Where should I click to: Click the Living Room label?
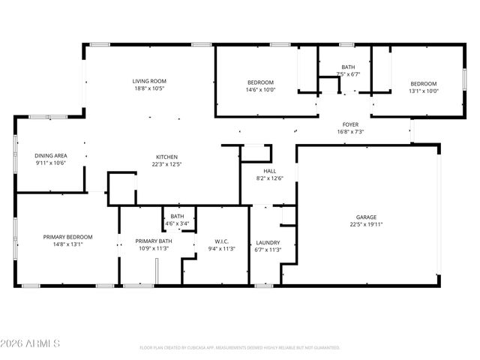tap(149, 81)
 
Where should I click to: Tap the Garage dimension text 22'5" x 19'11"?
tap(366, 223)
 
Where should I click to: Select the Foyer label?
tap(350, 124)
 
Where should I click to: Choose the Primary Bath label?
tap(154, 241)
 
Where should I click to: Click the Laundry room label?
tap(268, 242)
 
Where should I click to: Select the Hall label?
tap(269, 171)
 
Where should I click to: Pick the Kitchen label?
tap(166, 157)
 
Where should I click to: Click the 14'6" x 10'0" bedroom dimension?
tap(261, 90)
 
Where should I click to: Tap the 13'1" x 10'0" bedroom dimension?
tap(424, 91)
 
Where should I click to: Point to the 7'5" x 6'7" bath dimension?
tap(348, 74)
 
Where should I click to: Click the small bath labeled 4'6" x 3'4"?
tap(177, 223)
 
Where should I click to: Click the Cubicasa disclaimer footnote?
tap(240, 348)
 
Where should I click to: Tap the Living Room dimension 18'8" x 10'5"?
tap(149, 88)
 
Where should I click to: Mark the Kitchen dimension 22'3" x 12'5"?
tap(166, 164)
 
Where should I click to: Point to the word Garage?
tap(366, 216)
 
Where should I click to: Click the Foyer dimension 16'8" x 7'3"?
tap(350, 132)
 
